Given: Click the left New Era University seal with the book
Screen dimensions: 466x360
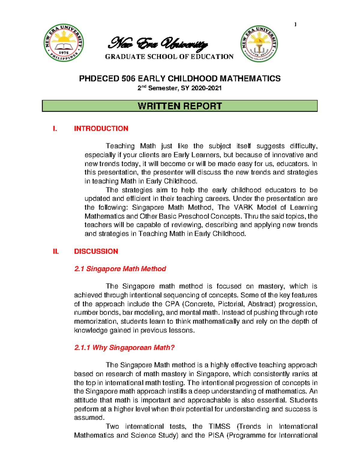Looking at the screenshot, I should click(64, 43).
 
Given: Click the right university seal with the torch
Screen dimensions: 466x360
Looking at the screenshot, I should click(259, 44).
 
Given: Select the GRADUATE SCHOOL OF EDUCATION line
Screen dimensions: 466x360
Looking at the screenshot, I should click(169, 57).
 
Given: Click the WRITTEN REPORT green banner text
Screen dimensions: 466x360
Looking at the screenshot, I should click(180, 106).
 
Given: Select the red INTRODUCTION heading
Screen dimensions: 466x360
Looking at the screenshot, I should click(101, 128).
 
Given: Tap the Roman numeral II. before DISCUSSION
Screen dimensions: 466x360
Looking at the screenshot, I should click(56, 251).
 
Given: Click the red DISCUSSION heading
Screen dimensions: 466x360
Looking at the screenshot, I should click(96, 251).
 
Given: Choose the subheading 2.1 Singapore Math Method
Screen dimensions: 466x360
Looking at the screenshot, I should click(120, 269).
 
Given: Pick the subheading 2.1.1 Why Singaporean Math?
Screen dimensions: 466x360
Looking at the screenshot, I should click(124, 347).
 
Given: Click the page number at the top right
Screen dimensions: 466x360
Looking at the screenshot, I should click(295, 25).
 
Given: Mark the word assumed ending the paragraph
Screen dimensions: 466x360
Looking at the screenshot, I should click(89, 418).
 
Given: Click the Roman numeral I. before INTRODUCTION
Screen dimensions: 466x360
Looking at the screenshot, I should click(55, 128).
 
